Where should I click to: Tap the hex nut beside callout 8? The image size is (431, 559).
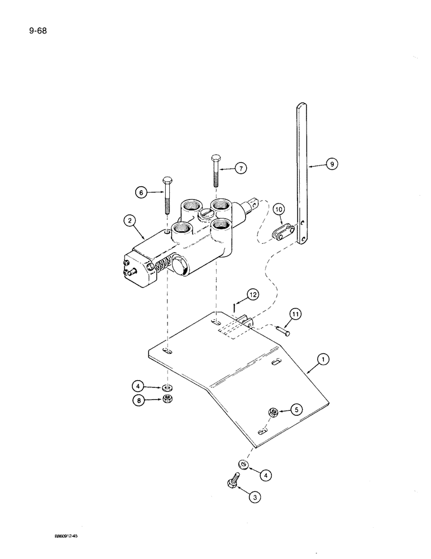[x=167, y=399]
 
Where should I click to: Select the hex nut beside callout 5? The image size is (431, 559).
[x=274, y=412]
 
